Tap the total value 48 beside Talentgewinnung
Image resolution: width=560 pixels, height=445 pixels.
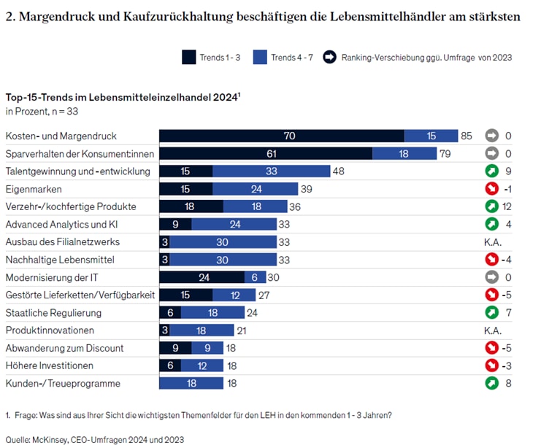338,171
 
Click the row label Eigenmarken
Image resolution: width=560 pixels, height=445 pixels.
30,189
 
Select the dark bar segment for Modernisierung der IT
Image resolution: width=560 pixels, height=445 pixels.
202,277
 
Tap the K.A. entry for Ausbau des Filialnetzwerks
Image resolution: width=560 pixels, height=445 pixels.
492,242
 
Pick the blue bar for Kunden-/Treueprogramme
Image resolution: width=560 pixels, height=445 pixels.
191,384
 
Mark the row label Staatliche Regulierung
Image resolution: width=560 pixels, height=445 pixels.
53,313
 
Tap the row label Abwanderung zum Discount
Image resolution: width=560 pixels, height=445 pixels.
64,348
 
